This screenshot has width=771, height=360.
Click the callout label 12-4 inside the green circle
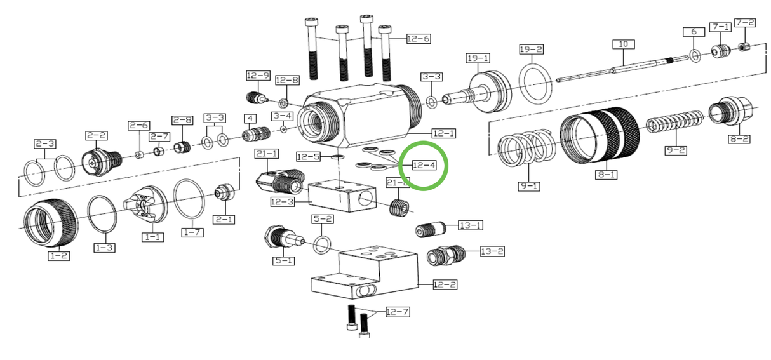[x=424, y=166]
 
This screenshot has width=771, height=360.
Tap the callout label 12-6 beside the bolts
[x=418, y=39]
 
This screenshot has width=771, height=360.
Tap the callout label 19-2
[x=531, y=49]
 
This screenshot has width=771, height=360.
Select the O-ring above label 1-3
[x=103, y=213]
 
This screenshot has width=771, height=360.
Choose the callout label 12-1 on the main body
[x=443, y=133]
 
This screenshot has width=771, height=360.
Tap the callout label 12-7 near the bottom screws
[x=398, y=312]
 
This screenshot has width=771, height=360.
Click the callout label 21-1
[x=267, y=154]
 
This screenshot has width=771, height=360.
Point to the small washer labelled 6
[x=694, y=57]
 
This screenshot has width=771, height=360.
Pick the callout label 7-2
[x=745, y=23]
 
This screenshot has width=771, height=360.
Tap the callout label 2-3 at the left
[x=44, y=143]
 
